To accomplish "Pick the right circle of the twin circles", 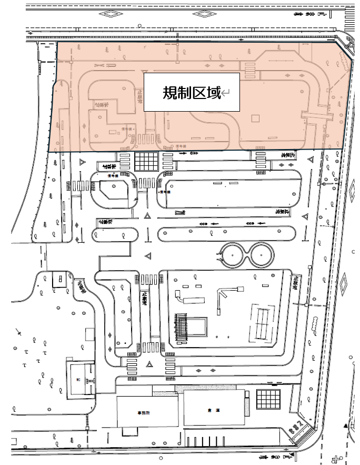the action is coord(261,254).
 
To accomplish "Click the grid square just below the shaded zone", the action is coord(146,161).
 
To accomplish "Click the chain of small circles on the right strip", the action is coord(314,322).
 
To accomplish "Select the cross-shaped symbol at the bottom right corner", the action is coord(333,458).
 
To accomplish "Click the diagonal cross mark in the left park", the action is coord(19,333).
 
